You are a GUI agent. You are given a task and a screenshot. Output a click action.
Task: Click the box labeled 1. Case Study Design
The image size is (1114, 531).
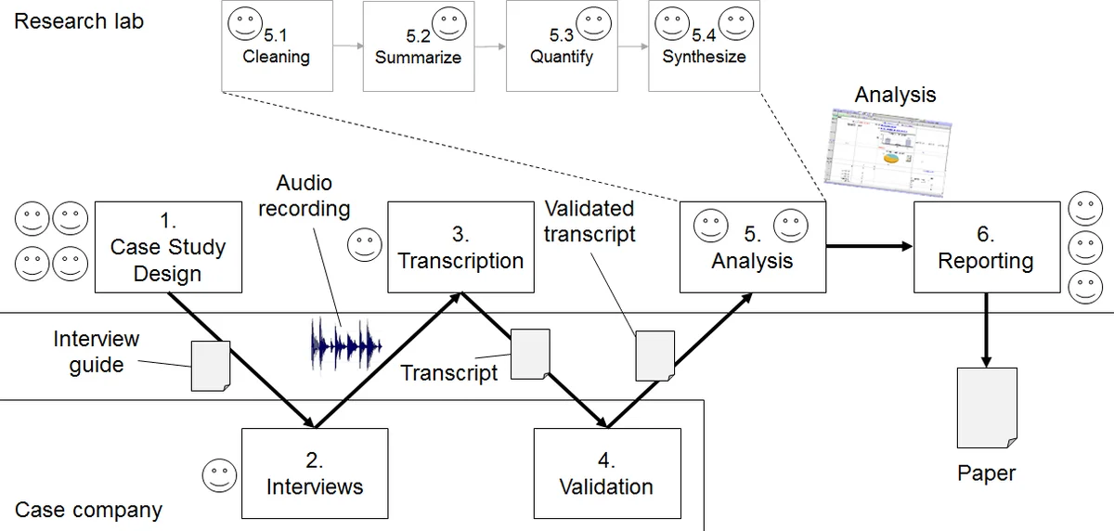tap(168, 247)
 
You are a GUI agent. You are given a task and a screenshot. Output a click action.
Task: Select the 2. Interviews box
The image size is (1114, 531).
tap(314, 473)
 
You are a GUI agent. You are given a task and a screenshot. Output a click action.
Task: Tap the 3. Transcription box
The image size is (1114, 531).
tap(460, 247)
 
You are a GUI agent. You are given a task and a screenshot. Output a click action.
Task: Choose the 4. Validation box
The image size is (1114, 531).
tap(606, 473)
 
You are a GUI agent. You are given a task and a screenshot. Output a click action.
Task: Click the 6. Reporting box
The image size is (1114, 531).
tap(985, 247)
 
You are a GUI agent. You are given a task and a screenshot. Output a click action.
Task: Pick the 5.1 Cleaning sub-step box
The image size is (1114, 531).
tap(276, 46)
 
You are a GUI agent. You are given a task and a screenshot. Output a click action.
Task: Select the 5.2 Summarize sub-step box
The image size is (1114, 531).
tap(418, 46)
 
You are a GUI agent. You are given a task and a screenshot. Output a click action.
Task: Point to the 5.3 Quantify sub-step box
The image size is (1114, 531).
tap(561, 46)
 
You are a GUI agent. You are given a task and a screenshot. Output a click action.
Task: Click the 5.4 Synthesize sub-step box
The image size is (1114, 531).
tap(704, 46)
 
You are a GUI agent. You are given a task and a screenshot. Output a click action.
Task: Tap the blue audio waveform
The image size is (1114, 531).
tap(345, 343)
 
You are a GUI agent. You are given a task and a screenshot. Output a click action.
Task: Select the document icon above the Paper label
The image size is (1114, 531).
tap(986, 407)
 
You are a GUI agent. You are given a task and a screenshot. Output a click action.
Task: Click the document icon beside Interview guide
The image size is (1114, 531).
tap(210, 366)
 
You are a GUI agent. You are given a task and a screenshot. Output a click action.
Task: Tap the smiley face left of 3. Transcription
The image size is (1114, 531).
tap(364, 246)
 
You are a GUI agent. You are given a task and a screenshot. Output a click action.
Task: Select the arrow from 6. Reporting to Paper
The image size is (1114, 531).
tap(985, 330)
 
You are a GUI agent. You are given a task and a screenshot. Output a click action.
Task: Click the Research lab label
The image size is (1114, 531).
tap(79, 20)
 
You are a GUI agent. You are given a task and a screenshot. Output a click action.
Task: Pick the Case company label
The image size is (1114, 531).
tap(88, 510)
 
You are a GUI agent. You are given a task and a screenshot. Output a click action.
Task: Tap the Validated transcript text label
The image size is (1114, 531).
tap(589, 221)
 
